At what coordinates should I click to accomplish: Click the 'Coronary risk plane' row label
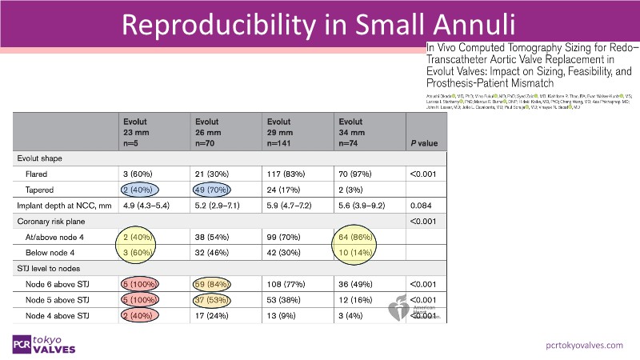click(x=56, y=222)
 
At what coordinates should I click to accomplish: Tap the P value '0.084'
click(x=421, y=206)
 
